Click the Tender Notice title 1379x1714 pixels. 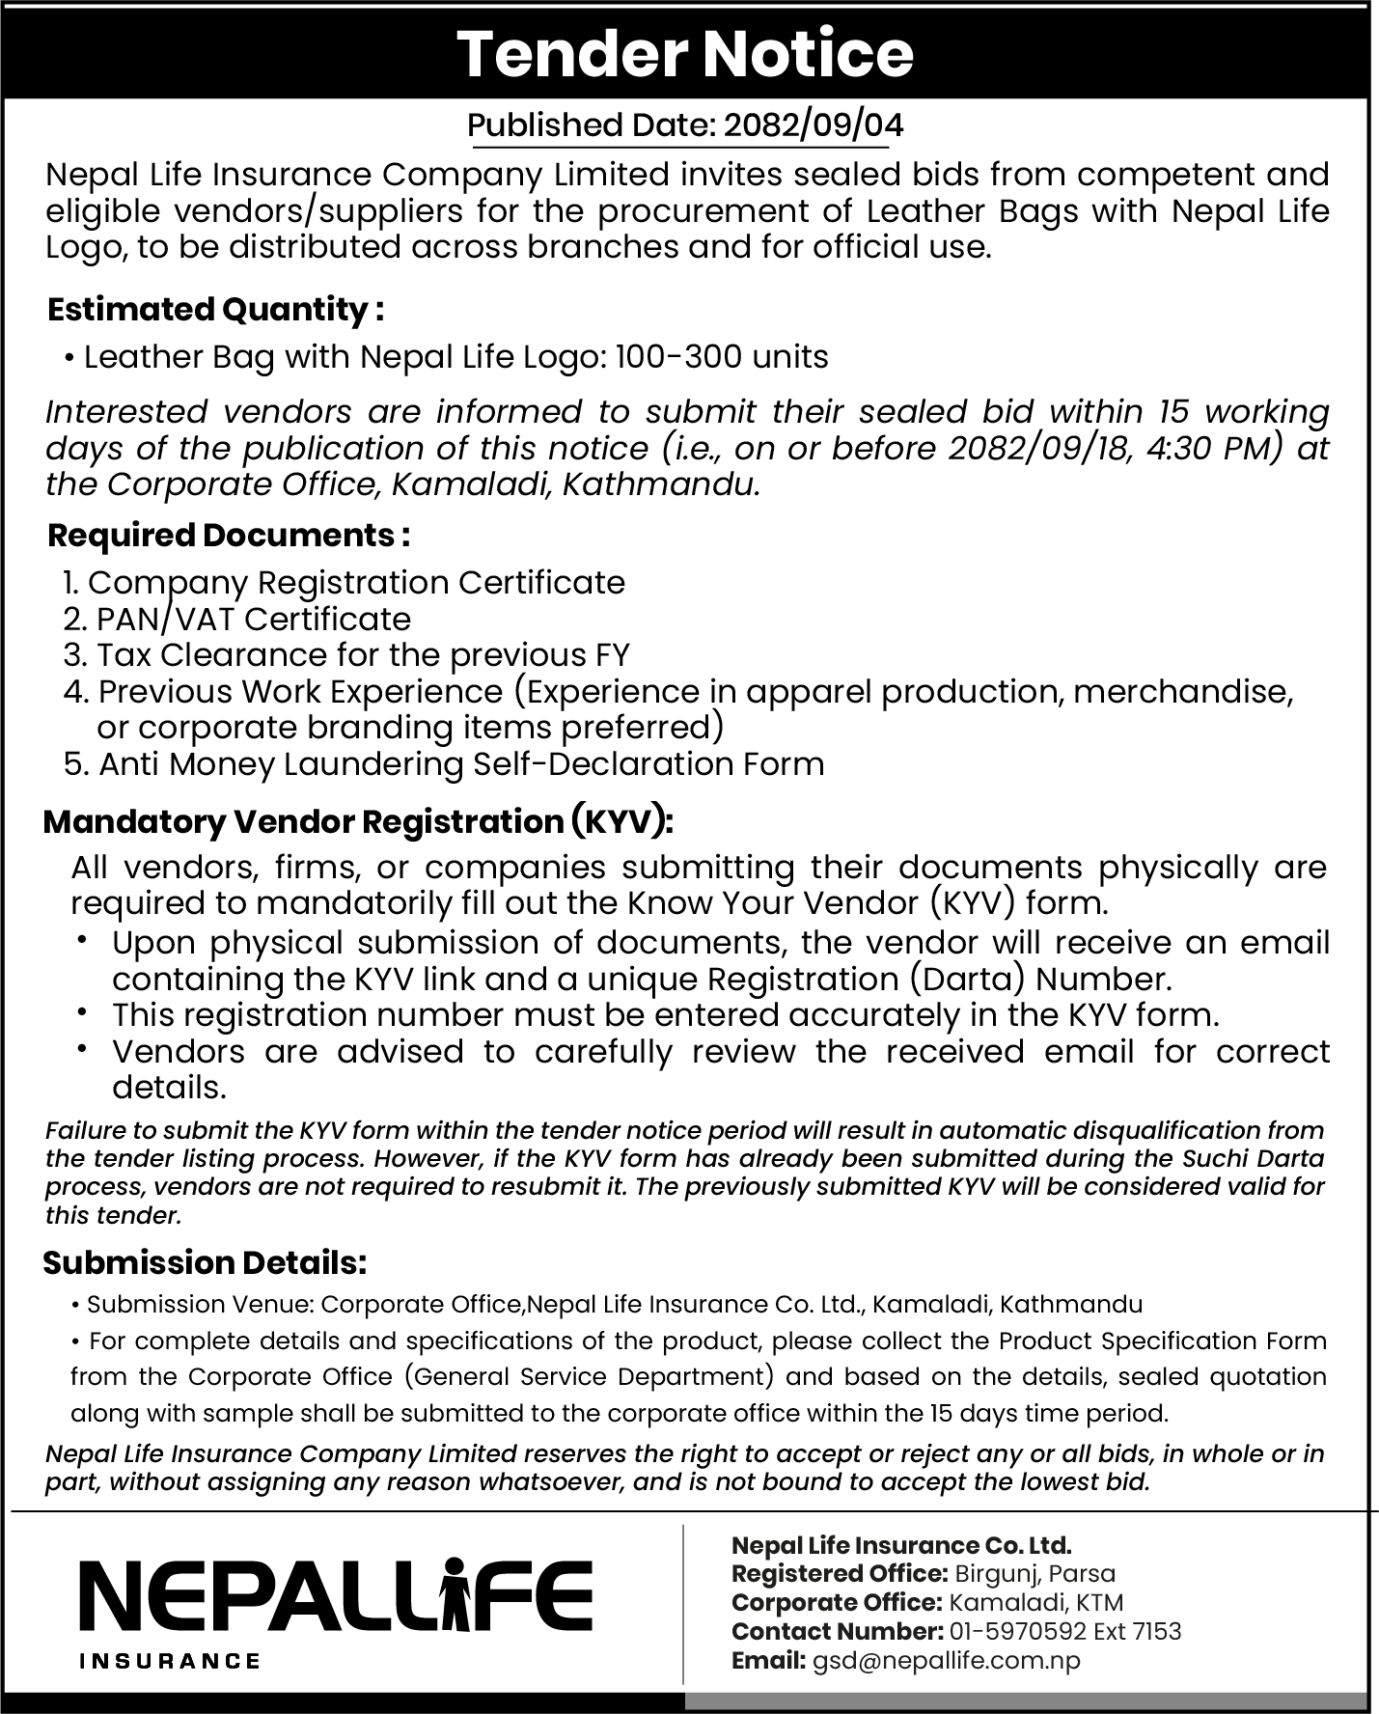pos(685,54)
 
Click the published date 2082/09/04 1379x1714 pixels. pos(814,125)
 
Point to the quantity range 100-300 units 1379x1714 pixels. pos(721,357)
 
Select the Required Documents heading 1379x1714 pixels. pos(229,535)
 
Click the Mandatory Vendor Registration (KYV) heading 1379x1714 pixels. pos(358,821)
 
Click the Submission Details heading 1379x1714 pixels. pos(205,1262)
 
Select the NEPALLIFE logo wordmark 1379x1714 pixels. pos(336,1595)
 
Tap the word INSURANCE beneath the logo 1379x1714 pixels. pos(170,1661)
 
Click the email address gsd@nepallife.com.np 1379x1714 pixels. pos(946,1660)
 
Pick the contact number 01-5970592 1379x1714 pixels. pos(1019,1631)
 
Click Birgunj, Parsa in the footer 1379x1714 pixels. pos(1034,1573)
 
